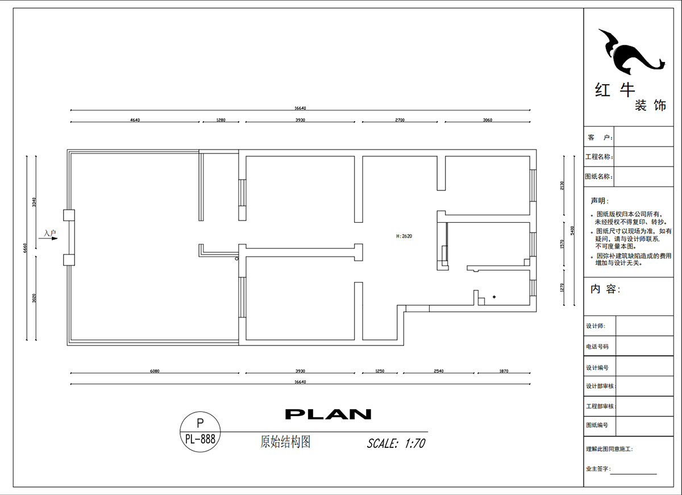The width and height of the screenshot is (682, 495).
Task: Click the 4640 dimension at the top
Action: [135, 120]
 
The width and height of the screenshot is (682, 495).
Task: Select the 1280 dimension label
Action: [221, 120]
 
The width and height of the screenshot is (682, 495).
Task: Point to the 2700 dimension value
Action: [400, 120]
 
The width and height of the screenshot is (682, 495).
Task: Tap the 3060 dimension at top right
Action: [487, 120]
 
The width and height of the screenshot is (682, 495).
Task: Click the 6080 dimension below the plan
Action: [155, 371]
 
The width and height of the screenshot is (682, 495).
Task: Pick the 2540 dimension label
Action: [438, 371]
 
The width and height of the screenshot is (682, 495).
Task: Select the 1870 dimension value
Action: [504, 371]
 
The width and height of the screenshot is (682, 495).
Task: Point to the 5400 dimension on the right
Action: [572, 230]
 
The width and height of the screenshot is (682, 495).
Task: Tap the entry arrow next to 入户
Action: [51, 239]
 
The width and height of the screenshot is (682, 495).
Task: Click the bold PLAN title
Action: [328, 414]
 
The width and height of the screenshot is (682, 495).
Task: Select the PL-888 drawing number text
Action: [200, 439]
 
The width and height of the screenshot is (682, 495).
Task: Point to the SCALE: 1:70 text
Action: [396, 443]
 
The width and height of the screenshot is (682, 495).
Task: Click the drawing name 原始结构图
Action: [285, 442]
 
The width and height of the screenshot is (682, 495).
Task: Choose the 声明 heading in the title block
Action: [599, 201]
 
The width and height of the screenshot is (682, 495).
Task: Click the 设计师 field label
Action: [596, 326]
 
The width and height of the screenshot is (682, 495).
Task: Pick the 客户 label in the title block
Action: [599, 138]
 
